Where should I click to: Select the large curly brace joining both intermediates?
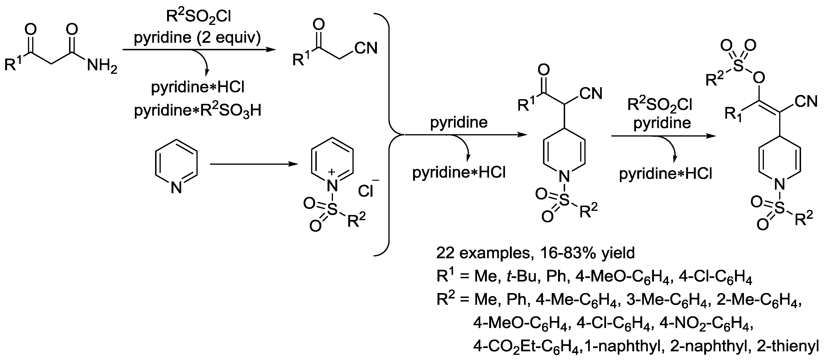tap(389, 134)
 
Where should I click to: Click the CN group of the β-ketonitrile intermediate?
tap(366, 48)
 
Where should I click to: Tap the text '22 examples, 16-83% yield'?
tap(535, 253)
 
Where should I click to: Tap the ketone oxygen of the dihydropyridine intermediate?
tap(544, 70)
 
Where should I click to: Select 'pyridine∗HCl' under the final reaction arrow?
tap(665, 174)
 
